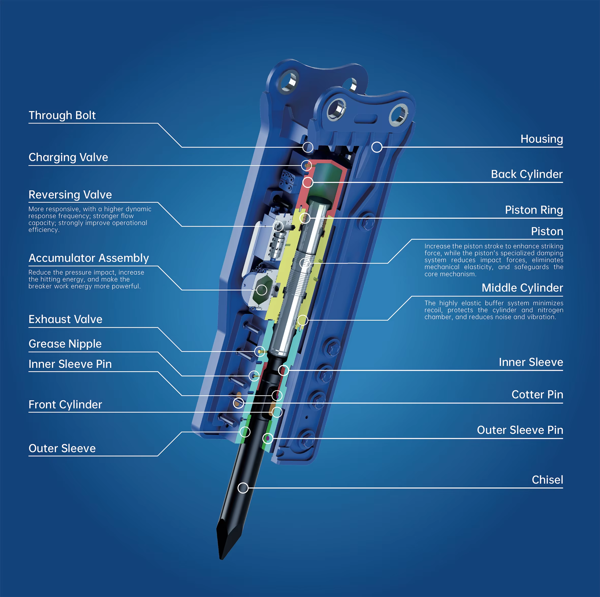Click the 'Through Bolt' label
coord(62,115)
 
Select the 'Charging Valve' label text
coord(68,157)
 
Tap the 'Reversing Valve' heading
coord(70,194)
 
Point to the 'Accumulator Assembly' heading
coord(89,258)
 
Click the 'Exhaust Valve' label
coord(66,319)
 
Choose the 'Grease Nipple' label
coord(65,344)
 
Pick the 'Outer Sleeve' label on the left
coord(62,448)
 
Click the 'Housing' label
coord(542,139)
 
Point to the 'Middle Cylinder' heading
coord(522,288)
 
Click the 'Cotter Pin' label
coord(537,394)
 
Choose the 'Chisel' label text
coord(547,480)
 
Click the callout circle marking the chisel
coord(243,488)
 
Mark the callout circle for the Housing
coord(377,147)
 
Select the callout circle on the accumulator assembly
coord(261,290)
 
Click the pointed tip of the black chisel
coord(221,559)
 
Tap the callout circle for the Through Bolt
coord(308,147)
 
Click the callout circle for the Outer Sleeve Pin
coord(268,438)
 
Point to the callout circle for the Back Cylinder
coord(308,183)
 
